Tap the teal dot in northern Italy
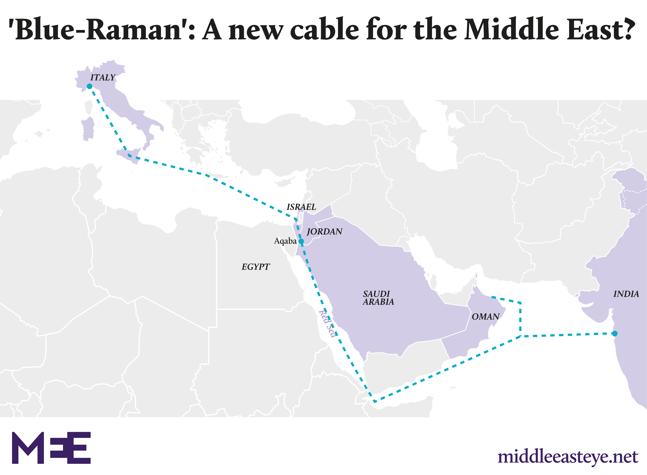click(x=89, y=86)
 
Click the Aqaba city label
click(x=285, y=241)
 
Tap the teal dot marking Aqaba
click(x=301, y=241)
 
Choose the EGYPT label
click(x=256, y=267)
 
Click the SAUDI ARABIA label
click(x=378, y=298)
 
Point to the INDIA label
click(x=626, y=294)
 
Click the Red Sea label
click(x=327, y=324)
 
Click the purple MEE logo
click(x=51, y=448)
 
